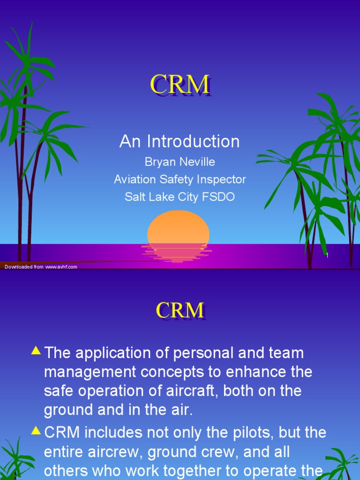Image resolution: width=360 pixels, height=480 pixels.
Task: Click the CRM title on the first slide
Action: click(180, 85)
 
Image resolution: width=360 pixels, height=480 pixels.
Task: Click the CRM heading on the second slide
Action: click(180, 310)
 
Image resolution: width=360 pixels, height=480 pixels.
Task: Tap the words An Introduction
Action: click(180, 142)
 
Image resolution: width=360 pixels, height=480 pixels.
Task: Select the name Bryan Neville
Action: click(180, 162)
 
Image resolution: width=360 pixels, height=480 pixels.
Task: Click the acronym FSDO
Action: click(218, 197)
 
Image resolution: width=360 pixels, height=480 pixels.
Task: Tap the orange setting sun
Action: click(178, 228)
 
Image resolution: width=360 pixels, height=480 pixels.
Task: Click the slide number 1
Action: click(327, 255)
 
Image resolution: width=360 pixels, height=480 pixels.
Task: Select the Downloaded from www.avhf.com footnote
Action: click(41, 267)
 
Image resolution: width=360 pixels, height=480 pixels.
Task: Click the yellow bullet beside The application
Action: click(36, 350)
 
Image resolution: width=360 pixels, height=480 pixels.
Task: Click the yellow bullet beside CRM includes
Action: click(36, 430)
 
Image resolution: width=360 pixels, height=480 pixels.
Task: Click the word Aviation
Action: click(136, 180)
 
